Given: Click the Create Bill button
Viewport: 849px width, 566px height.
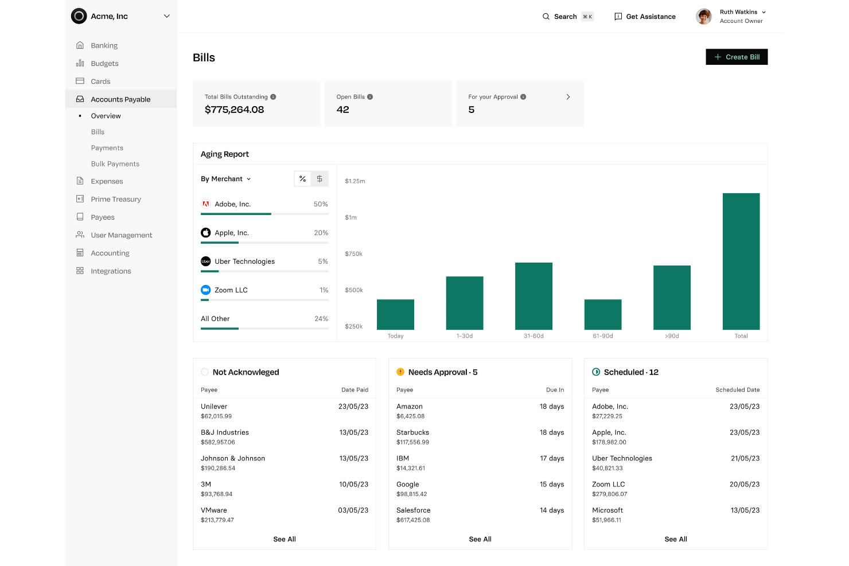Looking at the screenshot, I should pyautogui.click(x=737, y=57).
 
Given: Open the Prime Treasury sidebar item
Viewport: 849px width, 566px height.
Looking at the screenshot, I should pyautogui.click(x=115, y=199).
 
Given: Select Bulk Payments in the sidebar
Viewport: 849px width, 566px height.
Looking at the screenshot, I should pyautogui.click(x=115, y=164).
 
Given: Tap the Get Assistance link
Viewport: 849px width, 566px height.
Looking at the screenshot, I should pyautogui.click(x=645, y=17).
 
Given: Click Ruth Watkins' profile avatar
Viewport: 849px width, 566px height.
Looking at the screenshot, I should pyautogui.click(x=704, y=17).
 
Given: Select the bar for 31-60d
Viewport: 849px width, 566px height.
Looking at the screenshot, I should pyautogui.click(x=533, y=296).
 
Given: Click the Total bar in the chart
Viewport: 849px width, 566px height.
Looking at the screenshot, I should pyautogui.click(x=741, y=261).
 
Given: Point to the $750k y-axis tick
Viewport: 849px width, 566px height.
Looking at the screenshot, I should pyautogui.click(x=353, y=254).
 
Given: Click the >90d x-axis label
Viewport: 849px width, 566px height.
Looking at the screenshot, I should pyautogui.click(x=672, y=336).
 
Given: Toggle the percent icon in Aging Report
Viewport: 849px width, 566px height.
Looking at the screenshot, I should pyautogui.click(x=302, y=179).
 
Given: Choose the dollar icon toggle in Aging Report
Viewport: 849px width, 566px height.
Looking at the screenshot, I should pyautogui.click(x=320, y=179).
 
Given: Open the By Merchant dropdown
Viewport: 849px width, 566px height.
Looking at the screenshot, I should pyautogui.click(x=226, y=179).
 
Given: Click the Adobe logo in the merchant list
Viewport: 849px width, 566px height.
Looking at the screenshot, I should pyautogui.click(x=205, y=204).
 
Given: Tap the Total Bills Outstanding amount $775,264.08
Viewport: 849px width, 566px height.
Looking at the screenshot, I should pyautogui.click(x=234, y=110).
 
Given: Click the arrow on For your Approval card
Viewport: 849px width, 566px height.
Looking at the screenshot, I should pyautogui.click(x=568, y=97).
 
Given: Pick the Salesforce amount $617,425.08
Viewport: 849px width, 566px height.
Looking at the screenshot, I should pyautogui.click(x=412, y=520).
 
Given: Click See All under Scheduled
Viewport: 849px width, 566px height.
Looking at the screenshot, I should pyautogui.click(x=675, y=539).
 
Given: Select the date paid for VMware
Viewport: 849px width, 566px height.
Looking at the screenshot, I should pyautogui.click(x=353, y=510).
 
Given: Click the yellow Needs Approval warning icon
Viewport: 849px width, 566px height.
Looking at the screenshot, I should pyautogui.click(x=400, y=372).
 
